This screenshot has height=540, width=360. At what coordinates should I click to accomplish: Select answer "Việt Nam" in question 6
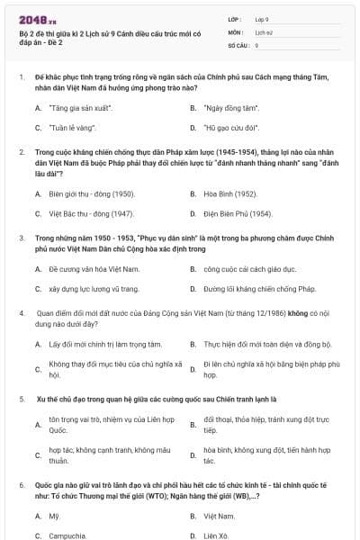(219, 515)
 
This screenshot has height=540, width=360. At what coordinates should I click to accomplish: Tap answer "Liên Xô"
(217, 535)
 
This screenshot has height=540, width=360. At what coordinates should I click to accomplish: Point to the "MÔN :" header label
(238, 31)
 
